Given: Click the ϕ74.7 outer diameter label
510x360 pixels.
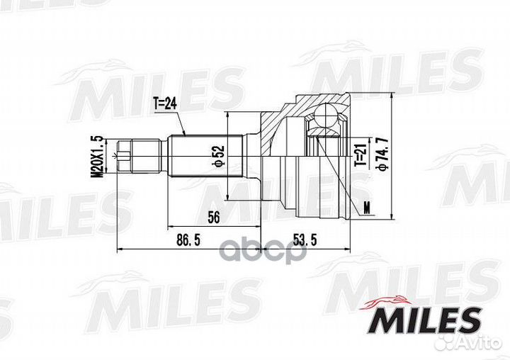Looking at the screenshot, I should tap(383, 152).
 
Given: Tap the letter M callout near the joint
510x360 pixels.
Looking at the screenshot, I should tap(367, 207).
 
